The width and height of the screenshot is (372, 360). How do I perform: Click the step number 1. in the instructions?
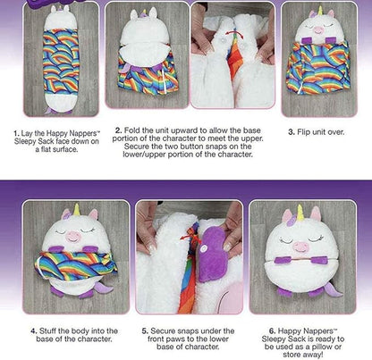[x=15, y=132]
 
